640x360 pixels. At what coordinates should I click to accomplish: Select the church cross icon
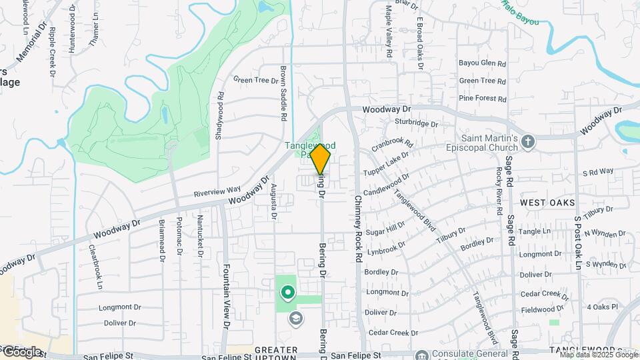point(528,141)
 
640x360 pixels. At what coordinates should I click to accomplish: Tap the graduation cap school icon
point(294,319)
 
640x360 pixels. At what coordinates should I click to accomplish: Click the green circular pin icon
point(288,292)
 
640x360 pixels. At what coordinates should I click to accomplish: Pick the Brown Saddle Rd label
point(283,93)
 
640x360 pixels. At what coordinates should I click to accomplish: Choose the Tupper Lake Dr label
point(386,163)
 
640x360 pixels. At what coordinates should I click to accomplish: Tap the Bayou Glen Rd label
point(483,63)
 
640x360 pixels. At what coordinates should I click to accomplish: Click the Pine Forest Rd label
point(483,98)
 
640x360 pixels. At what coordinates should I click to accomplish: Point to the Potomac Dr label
point(179,237)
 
